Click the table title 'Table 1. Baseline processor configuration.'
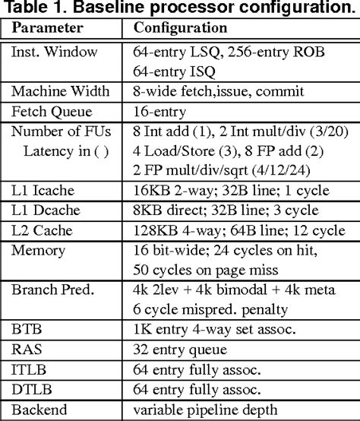click(x=180, y=9)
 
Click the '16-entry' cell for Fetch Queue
click(x=159, y=112)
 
